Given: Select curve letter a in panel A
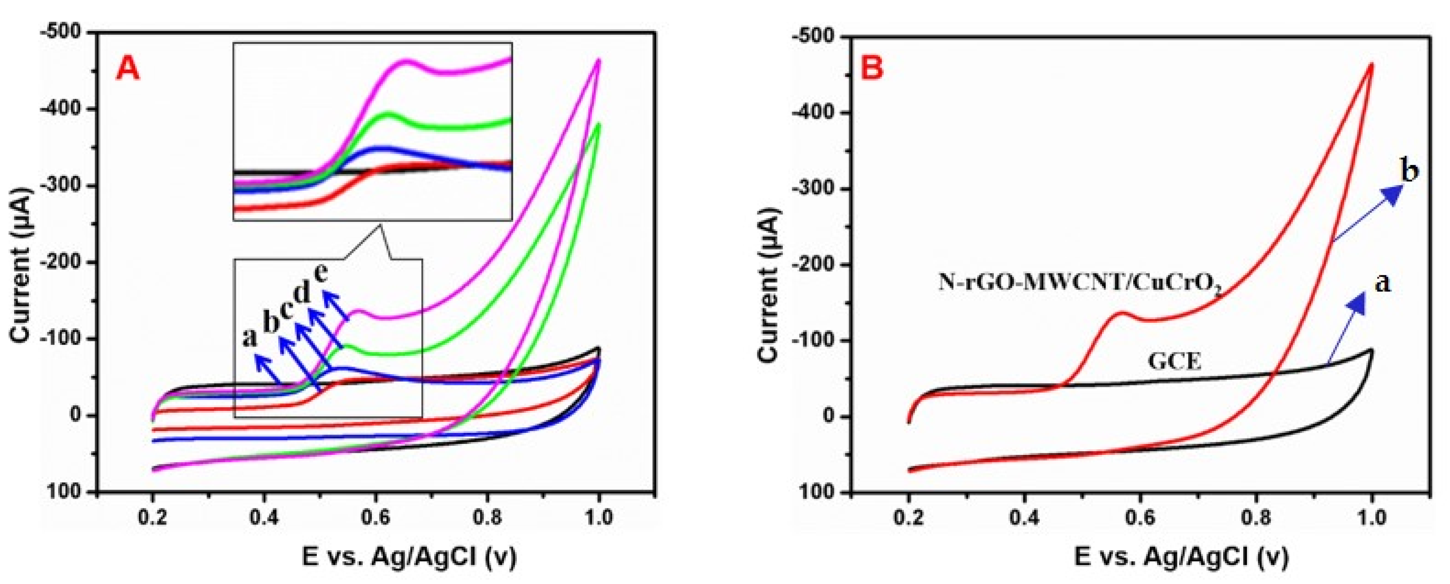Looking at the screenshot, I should [249, 337].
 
